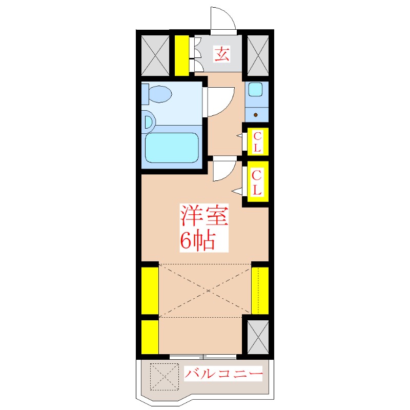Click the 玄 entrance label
point(222,54)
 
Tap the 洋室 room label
point(204,216)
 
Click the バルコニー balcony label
point(223,374)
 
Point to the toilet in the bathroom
point(157,94)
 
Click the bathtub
point(172,148)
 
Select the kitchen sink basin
point(255,89)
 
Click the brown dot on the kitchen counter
point(256,115)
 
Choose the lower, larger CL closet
point(258,182)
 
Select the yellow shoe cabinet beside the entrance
point(182,55)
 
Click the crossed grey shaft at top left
point(155,55)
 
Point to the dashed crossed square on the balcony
point(164,377)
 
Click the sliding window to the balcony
point(203,356)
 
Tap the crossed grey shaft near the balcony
point(258,337)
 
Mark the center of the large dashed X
point(208,291)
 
